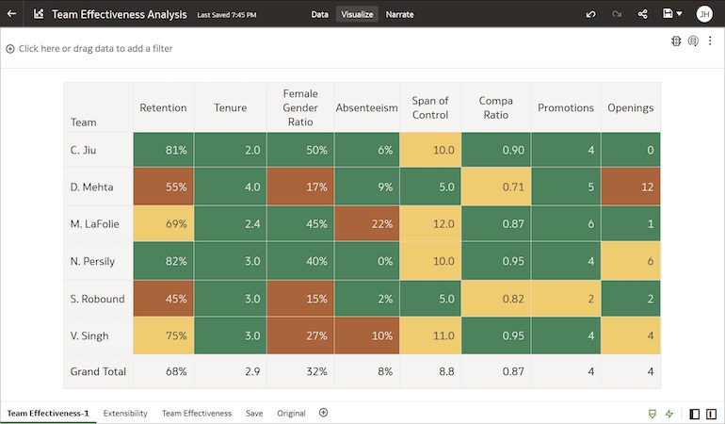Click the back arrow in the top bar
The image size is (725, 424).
pos(11,14)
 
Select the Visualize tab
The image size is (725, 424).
pos(357,14)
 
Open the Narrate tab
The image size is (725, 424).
pos(399,14)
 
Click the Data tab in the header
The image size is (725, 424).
pos(319,14)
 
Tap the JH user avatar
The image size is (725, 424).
pos(703,14)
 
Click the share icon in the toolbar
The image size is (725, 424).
pos(643,14)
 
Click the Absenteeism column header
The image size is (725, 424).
pos(366,108)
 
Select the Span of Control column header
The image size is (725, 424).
pos(430,108)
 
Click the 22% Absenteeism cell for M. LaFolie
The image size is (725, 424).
pos(366,224)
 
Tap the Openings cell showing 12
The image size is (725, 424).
pos(630,188)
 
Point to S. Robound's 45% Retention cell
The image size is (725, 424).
pos(163,299)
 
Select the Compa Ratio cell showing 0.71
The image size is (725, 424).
pos(495,188)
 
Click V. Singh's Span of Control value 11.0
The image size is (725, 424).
pos(430,335)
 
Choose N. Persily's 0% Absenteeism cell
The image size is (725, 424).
pos(366,261)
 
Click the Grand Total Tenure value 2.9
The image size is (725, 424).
pos(230,372)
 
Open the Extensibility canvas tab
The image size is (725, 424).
pos(125,414)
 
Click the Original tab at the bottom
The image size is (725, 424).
pos(291,414)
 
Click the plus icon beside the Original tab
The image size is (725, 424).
pos(323,413)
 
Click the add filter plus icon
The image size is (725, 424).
pos(10,48)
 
